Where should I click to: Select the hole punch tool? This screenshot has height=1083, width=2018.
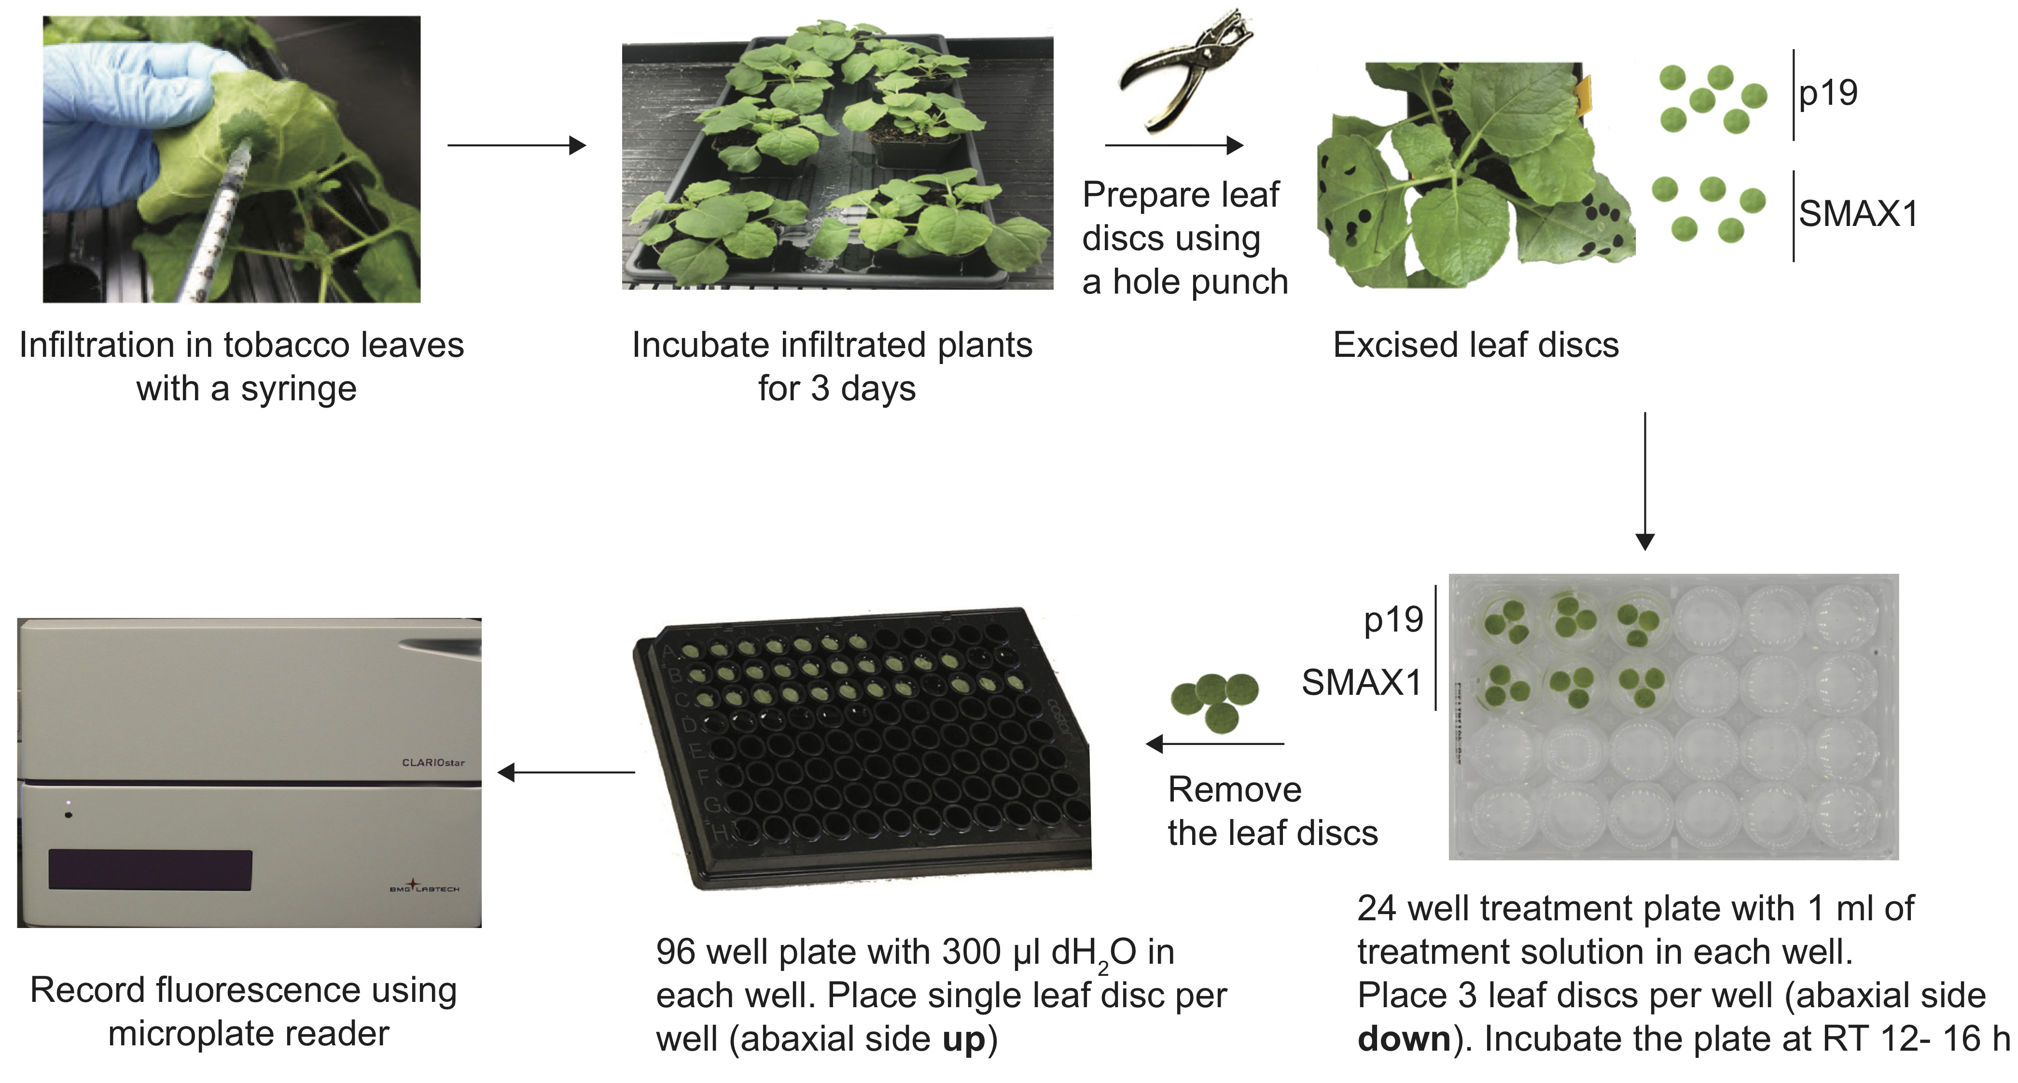point(1183,67)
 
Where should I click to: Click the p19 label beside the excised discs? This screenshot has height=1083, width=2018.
point(1828,93)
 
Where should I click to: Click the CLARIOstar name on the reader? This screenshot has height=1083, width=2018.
point(432,762)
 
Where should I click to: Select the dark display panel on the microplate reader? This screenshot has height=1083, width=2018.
point(151,870)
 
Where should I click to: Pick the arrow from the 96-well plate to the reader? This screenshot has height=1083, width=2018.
point(566,773)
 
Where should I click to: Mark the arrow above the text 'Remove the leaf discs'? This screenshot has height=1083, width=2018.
point(1214,743)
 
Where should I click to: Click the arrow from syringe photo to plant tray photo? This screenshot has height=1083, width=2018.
point(517,145)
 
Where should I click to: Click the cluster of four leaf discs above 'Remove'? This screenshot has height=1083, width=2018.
point(1215,700)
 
